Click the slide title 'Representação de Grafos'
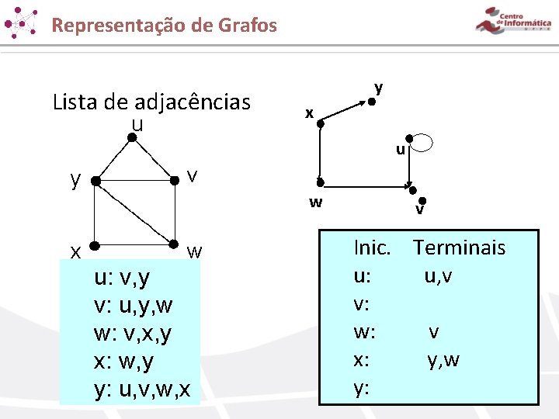click(164, 25)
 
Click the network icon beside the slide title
click(21, 23)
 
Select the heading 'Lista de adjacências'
click(151, 102)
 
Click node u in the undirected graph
click(133, 138)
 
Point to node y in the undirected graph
click(95, 182)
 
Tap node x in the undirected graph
click(94, 247)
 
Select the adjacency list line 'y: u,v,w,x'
click(141, 389)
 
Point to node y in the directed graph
click(373, 101)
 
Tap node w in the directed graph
click(319, 183)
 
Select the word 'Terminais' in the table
click(459, 248)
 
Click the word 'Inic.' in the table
click(372, 248)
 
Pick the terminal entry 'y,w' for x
click(443, 360)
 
